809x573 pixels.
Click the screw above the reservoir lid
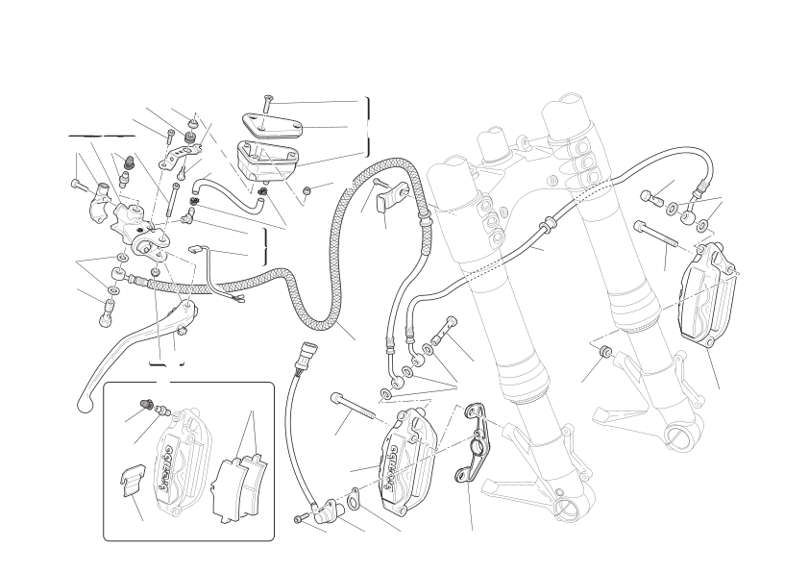pyautogui.click(x=267, y=104)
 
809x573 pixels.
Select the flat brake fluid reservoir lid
pyautogui.click(x=272, y=127)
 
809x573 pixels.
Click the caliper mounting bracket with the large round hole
pyautogui.click(x=475, y=442)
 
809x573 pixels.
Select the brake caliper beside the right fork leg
pyautogui.click(x=710, y=292)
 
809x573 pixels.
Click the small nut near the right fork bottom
pyautogui.click(x=605, y=352)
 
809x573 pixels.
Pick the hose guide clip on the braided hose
pyautogui.click(x=389, y=200)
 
